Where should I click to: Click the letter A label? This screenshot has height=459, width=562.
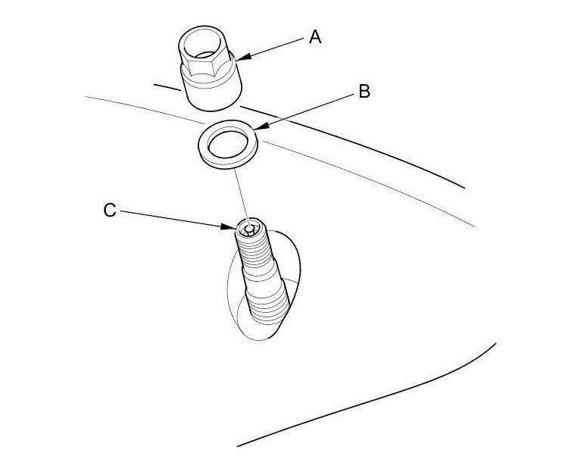(314, 36)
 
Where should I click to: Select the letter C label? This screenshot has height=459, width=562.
(110, 211)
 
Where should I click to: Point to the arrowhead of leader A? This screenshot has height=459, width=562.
(239, 58)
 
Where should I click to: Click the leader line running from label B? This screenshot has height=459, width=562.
(307, 112)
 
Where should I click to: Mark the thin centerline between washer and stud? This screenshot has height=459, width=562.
(240, 193)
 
